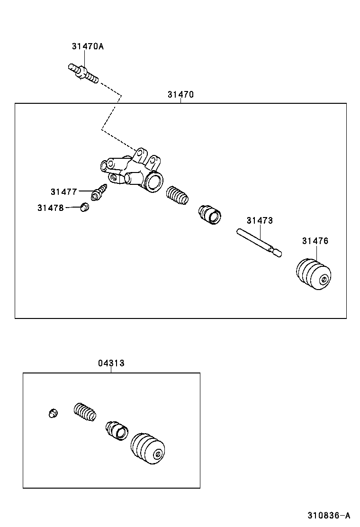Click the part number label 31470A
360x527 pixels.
pyautogui.click(x=88, y=46)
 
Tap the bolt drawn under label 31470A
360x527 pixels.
pyautogui.click(x=85, y=73)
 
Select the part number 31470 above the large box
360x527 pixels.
pyautogui.click(x=180, y=95)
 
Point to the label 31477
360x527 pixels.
pyautogui.click(x=64, y=192)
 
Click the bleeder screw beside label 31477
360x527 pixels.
pyautogui.click(x=100, y=192)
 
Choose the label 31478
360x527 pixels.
pyautogui.click(x=51, y=208)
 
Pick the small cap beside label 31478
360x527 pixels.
pyautogui.click(x=85, y=207)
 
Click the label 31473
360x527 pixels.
pyautogui.click(x=260, y=221)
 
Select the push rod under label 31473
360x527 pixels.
pyautogui.click(x=260, y=243)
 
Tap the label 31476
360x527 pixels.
pyautogui.click(x=315, y=241)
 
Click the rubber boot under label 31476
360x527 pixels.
pyautogui.click(x=313, y=274)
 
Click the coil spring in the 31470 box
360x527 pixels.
pyautogui.click(x=178, y=196)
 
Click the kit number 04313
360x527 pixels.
pyautogui.click(x=111, y=363)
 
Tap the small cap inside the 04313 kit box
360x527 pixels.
pyautogui.click(x=53, y=413)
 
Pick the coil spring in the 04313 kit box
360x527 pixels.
pyautogui.click(x=85, y=411)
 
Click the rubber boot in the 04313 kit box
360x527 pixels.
pyautogui.click(x=148, y=448)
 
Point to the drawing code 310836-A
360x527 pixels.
pyautogui.click(x=328, y=515)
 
